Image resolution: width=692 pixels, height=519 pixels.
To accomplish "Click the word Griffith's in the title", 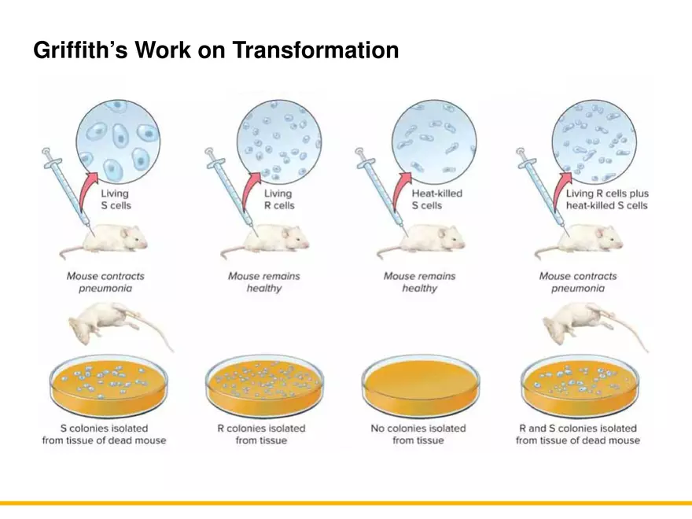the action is (x=80, y=50).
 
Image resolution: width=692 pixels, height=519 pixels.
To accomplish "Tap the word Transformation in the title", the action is (x=315, y=50).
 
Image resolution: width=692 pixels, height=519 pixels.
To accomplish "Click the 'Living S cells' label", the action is (x=116, y=199).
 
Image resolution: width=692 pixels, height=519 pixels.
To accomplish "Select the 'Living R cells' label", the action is (x=279, y=199).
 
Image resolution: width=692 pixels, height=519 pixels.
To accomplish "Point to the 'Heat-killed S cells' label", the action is (x=436, y=199).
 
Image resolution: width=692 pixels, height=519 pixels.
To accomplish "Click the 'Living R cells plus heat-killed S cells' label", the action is (x=607, y=199).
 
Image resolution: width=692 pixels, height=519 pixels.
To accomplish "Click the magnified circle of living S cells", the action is (x=118, y=142).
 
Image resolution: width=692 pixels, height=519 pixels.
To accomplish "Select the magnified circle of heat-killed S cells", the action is (x=434, y=142).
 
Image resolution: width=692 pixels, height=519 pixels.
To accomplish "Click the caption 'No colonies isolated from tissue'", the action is (x=418, y=434).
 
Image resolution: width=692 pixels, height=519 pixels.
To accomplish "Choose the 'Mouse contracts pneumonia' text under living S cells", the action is (x=105, y=282).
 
